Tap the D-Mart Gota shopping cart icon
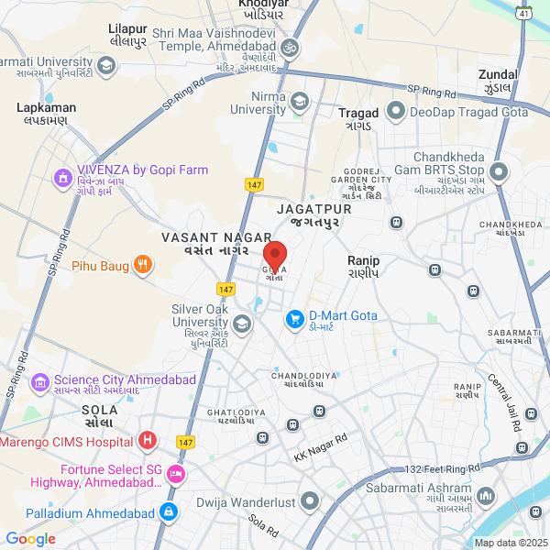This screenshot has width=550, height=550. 294,319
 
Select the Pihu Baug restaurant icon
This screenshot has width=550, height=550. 142,267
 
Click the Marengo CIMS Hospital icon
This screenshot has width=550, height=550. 147,442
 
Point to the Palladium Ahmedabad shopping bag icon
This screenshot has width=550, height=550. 168,512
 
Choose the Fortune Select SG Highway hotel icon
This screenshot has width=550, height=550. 176,474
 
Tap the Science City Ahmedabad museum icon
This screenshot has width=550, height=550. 39,380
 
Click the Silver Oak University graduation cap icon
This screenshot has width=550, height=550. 242,323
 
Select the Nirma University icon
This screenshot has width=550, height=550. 300,101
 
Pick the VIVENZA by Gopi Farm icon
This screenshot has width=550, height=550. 62,176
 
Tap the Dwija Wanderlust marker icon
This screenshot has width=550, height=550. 310,501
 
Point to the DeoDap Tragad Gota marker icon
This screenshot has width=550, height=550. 396,111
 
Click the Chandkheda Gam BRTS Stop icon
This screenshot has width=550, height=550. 499,170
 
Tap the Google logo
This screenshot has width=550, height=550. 31,539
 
